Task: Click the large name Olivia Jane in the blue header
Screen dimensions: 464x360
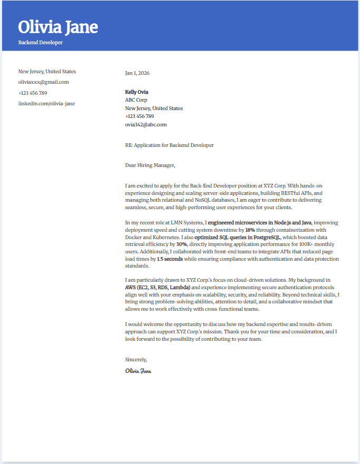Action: point(58,27)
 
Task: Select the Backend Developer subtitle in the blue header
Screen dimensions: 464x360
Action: point(41,42)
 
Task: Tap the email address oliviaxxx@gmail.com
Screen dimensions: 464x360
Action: point(44,82)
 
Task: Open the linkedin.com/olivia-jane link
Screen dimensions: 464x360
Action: point(47,104)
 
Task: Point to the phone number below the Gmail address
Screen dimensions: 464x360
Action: point(33,93)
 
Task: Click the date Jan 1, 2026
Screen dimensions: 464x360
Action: point(137,73)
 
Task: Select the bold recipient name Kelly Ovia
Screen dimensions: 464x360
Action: point(137,92)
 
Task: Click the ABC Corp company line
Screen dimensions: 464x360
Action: point(136,100)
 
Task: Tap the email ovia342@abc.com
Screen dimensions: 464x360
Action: point(146,125)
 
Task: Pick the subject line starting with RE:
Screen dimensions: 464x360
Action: point(169,145)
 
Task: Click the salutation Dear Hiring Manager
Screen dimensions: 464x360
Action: point(150,165)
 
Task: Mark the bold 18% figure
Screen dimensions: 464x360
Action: point(250,230)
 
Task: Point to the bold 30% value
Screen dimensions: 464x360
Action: point(182,244)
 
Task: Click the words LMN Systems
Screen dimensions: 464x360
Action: point(186,223)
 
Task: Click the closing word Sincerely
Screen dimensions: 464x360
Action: point(136,360)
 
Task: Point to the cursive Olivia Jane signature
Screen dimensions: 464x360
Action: point(138,371)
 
